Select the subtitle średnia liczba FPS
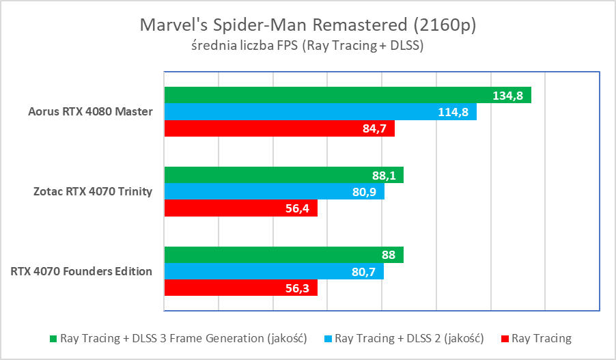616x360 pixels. (x=307, y=46)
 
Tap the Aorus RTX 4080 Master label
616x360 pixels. (x=91, y=112)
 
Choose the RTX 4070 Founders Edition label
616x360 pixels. (x=81, y=271)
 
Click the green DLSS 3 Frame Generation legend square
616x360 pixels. (x=53, y=338)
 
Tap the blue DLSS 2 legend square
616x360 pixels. (x=328, y=338)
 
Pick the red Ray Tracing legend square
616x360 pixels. (x=505, y=338)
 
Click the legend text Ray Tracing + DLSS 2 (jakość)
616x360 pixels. (x=410, y=338)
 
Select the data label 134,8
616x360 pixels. (x=507, y=96)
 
